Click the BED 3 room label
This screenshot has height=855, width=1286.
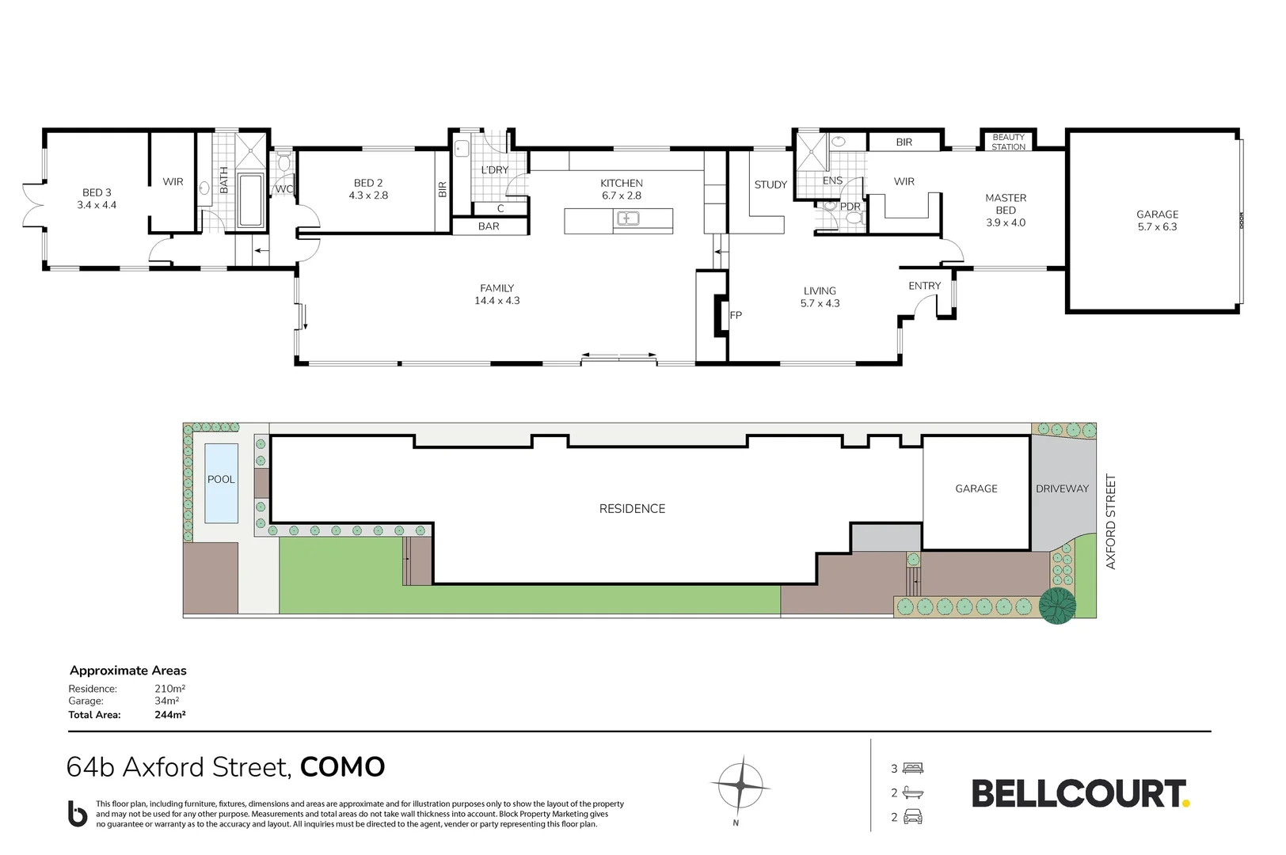coord(97,193)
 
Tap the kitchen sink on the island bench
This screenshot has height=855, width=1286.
coord(628,218)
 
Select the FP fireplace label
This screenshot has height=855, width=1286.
coord(736,315)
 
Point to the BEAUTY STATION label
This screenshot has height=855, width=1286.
coord(1008,142)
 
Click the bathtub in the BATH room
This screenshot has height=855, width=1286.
coord(251,199)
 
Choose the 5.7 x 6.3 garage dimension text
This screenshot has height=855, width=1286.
coord(1157,226)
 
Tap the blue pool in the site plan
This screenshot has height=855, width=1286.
coord(221,483)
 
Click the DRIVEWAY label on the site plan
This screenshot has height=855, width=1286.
coord(1062,489)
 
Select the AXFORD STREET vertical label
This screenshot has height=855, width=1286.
coord(1110,522)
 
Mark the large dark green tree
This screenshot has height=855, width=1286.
coord(1057,606)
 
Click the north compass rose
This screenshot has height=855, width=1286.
coord(740,785)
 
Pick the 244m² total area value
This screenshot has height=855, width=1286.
coord(170,715)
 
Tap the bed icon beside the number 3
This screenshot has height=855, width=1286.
coord(912,768)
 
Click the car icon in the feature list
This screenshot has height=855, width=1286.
coord(913,816)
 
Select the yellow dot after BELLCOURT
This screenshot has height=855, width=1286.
coord(1186,803)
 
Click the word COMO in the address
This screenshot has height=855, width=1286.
coord(342,767)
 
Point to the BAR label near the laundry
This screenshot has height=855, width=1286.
coord(489,226)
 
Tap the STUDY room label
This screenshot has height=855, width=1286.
coord(770,184)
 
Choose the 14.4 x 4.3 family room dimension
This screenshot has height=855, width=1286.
coord(497,301)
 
